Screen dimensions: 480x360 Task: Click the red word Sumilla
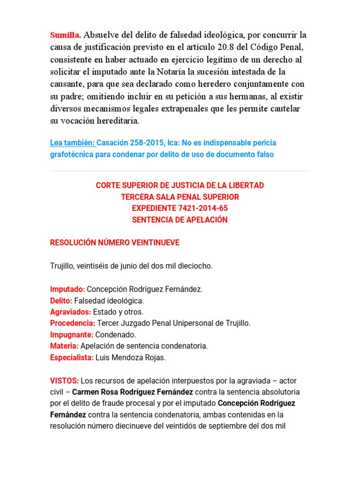tap(66, 35)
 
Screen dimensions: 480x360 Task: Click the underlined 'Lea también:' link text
tap(72, 142)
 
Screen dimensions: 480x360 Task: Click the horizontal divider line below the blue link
tap(180, 171)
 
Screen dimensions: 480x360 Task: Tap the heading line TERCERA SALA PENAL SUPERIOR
tap(180, 197)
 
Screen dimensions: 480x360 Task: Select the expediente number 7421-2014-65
tap(199, 209)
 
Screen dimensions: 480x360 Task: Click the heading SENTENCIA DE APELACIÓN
tap(180, 220)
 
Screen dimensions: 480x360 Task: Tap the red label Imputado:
tap(67, 289)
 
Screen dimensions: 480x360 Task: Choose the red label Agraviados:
tap(71, 312)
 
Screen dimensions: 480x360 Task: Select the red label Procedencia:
tap(73, 323)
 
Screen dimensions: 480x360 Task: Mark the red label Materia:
tap(64, 346)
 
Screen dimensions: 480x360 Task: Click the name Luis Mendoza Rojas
tap(130, 358)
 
